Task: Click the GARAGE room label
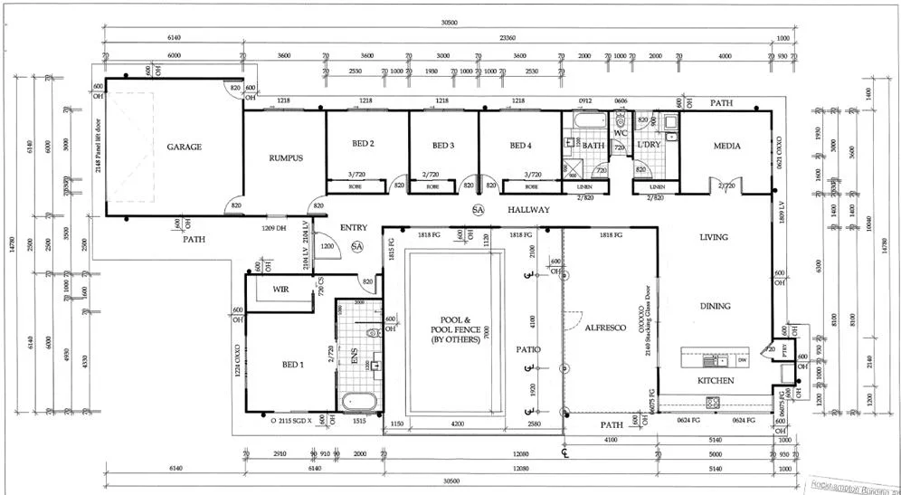pos(184,147)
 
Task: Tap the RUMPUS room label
pos(285,157)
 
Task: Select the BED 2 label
pos(364,144)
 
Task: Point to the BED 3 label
pos(442,145)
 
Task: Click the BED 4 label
pos(520,145)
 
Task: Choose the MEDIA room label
pos(726,145)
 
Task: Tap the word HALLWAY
pos(528,209)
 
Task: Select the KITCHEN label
pos(716,381)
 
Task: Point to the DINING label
pos(716,306)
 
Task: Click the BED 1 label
pos(292,364)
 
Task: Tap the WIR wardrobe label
pos(280,289)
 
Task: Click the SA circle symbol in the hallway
pos(478,210)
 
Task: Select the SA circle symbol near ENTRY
pos(356,246)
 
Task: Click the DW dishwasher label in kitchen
pos(742,360)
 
